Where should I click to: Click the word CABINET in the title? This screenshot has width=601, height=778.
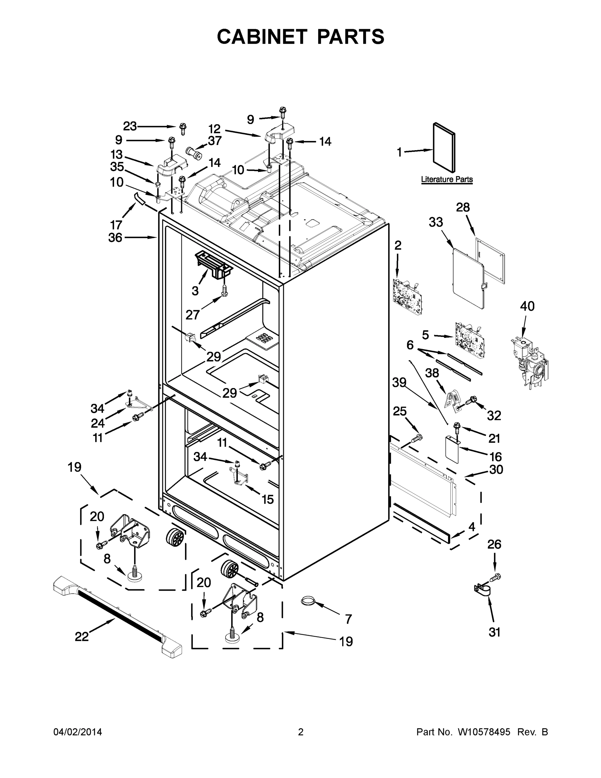(262, 37)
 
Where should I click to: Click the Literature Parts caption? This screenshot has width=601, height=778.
(446, 179)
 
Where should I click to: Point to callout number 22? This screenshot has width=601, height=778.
(82, 637)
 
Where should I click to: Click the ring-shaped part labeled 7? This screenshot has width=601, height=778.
(308, 601)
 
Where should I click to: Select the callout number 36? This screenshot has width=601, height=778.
(115, 237)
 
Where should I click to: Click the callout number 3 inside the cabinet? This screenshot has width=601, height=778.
(195, 291)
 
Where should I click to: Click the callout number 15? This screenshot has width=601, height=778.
(267, 499)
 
